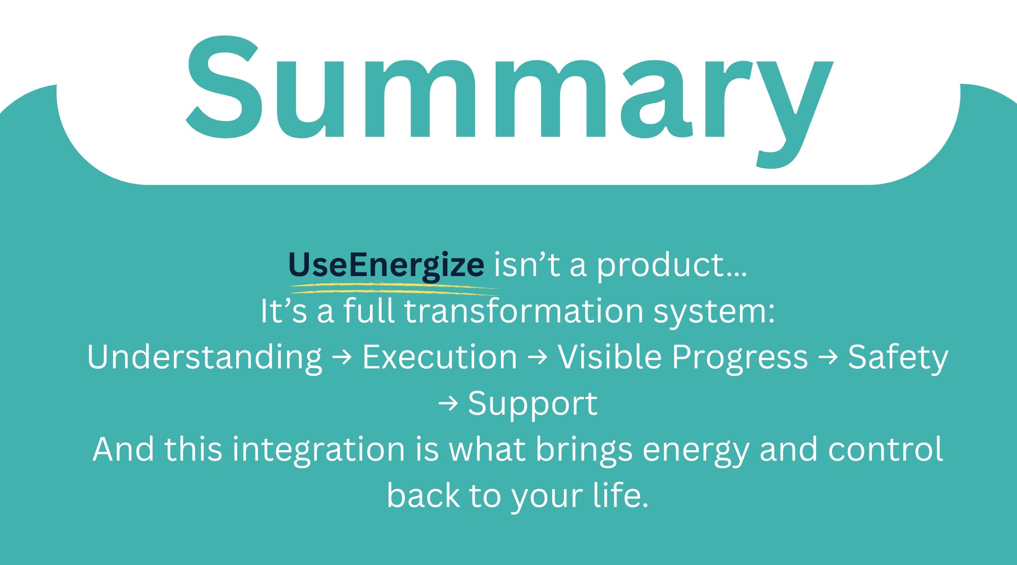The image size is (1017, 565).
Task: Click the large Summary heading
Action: click(x=509, y=102)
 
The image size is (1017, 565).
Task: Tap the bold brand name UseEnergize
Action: click(x=386, y=264)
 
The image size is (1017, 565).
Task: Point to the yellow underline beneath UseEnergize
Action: click(x=394, y=289)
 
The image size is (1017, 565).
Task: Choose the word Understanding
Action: click(x=205, y=357)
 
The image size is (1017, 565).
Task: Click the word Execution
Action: click(x=440, y=357)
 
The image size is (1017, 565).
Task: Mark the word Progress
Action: click(x=739, y=358)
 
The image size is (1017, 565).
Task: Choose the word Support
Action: click(x=533, y=404)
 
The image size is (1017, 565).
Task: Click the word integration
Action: click(x=318, y=450)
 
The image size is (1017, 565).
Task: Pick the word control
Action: click(x=886, y=449)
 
